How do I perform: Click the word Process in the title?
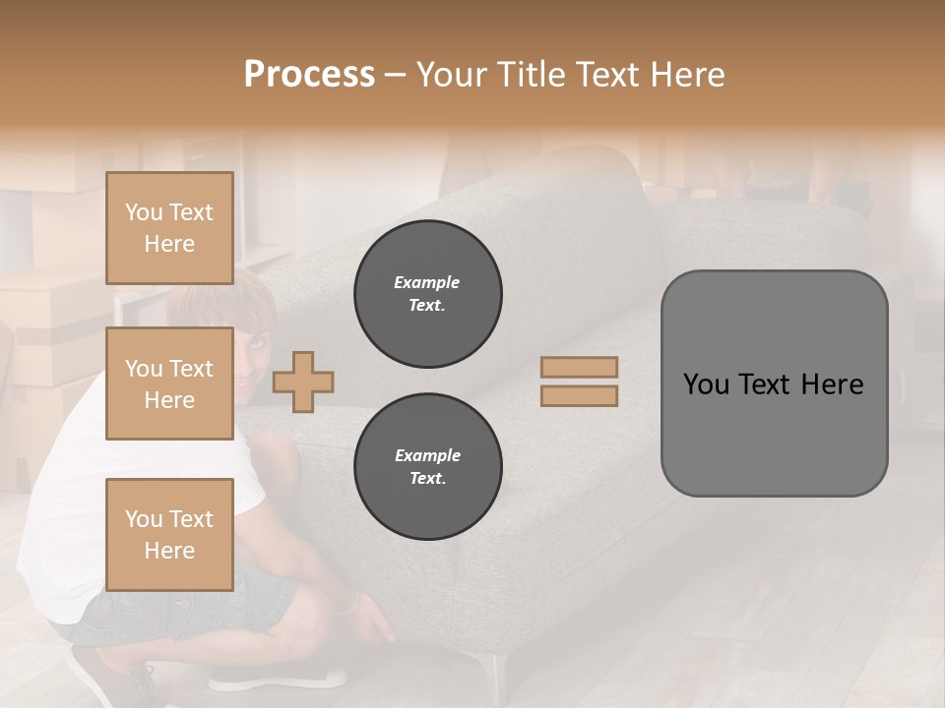click(x=309, y=75)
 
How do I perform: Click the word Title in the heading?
click(x=529, y=75)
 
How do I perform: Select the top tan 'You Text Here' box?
click(x=169, y=228)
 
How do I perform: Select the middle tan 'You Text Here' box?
click(x=169, y=383)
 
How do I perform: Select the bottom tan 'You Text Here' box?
click(x=169, y=534)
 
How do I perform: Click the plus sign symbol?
click(x=303, y=382)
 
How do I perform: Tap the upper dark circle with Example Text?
click(x=427, y=294)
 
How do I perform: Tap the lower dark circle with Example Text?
click(x=427, y=467)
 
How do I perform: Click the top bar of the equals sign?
click(x=579, y=367)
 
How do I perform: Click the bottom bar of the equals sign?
click(x=579, y=396)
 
